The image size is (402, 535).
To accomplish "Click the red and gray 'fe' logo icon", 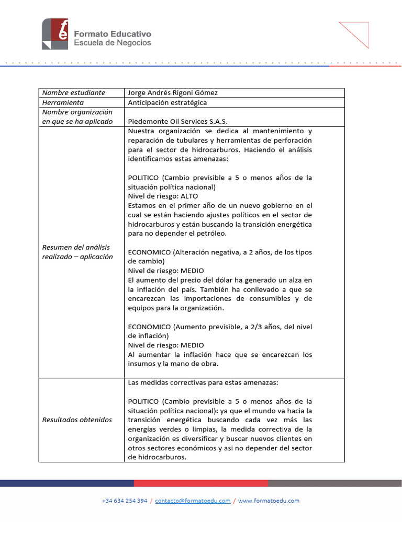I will pyautogui.click(x=55, y=34).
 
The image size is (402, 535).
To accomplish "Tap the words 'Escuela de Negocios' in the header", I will pyautogui.click(x=112, y=43).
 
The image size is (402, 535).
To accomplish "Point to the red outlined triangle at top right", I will pyautogui.click(x=358, y=33).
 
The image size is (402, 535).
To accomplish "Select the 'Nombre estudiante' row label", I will pyautogui.click(x=73, y=92).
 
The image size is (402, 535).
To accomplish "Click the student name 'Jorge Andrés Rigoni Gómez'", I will pyautogui.click(x=173, y=92).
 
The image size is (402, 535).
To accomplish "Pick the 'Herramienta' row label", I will pyautogui.click(x=63, y=102).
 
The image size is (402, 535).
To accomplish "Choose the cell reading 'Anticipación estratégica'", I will pyautogui.click(x=167, y=102).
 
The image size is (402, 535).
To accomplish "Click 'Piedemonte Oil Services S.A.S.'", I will pyautogui.click(x=177, y=121).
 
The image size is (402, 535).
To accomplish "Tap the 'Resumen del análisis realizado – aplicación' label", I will pyautogui.click(x=77, y=252).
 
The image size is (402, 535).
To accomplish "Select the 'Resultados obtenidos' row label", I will pyautogui.click(x=77, y=420).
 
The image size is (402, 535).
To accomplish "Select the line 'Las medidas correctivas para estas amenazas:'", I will pyautogui.click(x=203, y=382).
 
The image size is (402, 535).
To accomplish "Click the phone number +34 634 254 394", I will pyautogui.click(x=125, y=501).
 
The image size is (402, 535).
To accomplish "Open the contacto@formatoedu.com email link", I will pyautogui.click(x=193, y=501).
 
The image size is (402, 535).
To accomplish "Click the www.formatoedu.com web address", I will pyautogui.click(x=269, y=501).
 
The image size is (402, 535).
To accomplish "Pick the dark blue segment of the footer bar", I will pyautogui.click(x=67, y=483).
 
